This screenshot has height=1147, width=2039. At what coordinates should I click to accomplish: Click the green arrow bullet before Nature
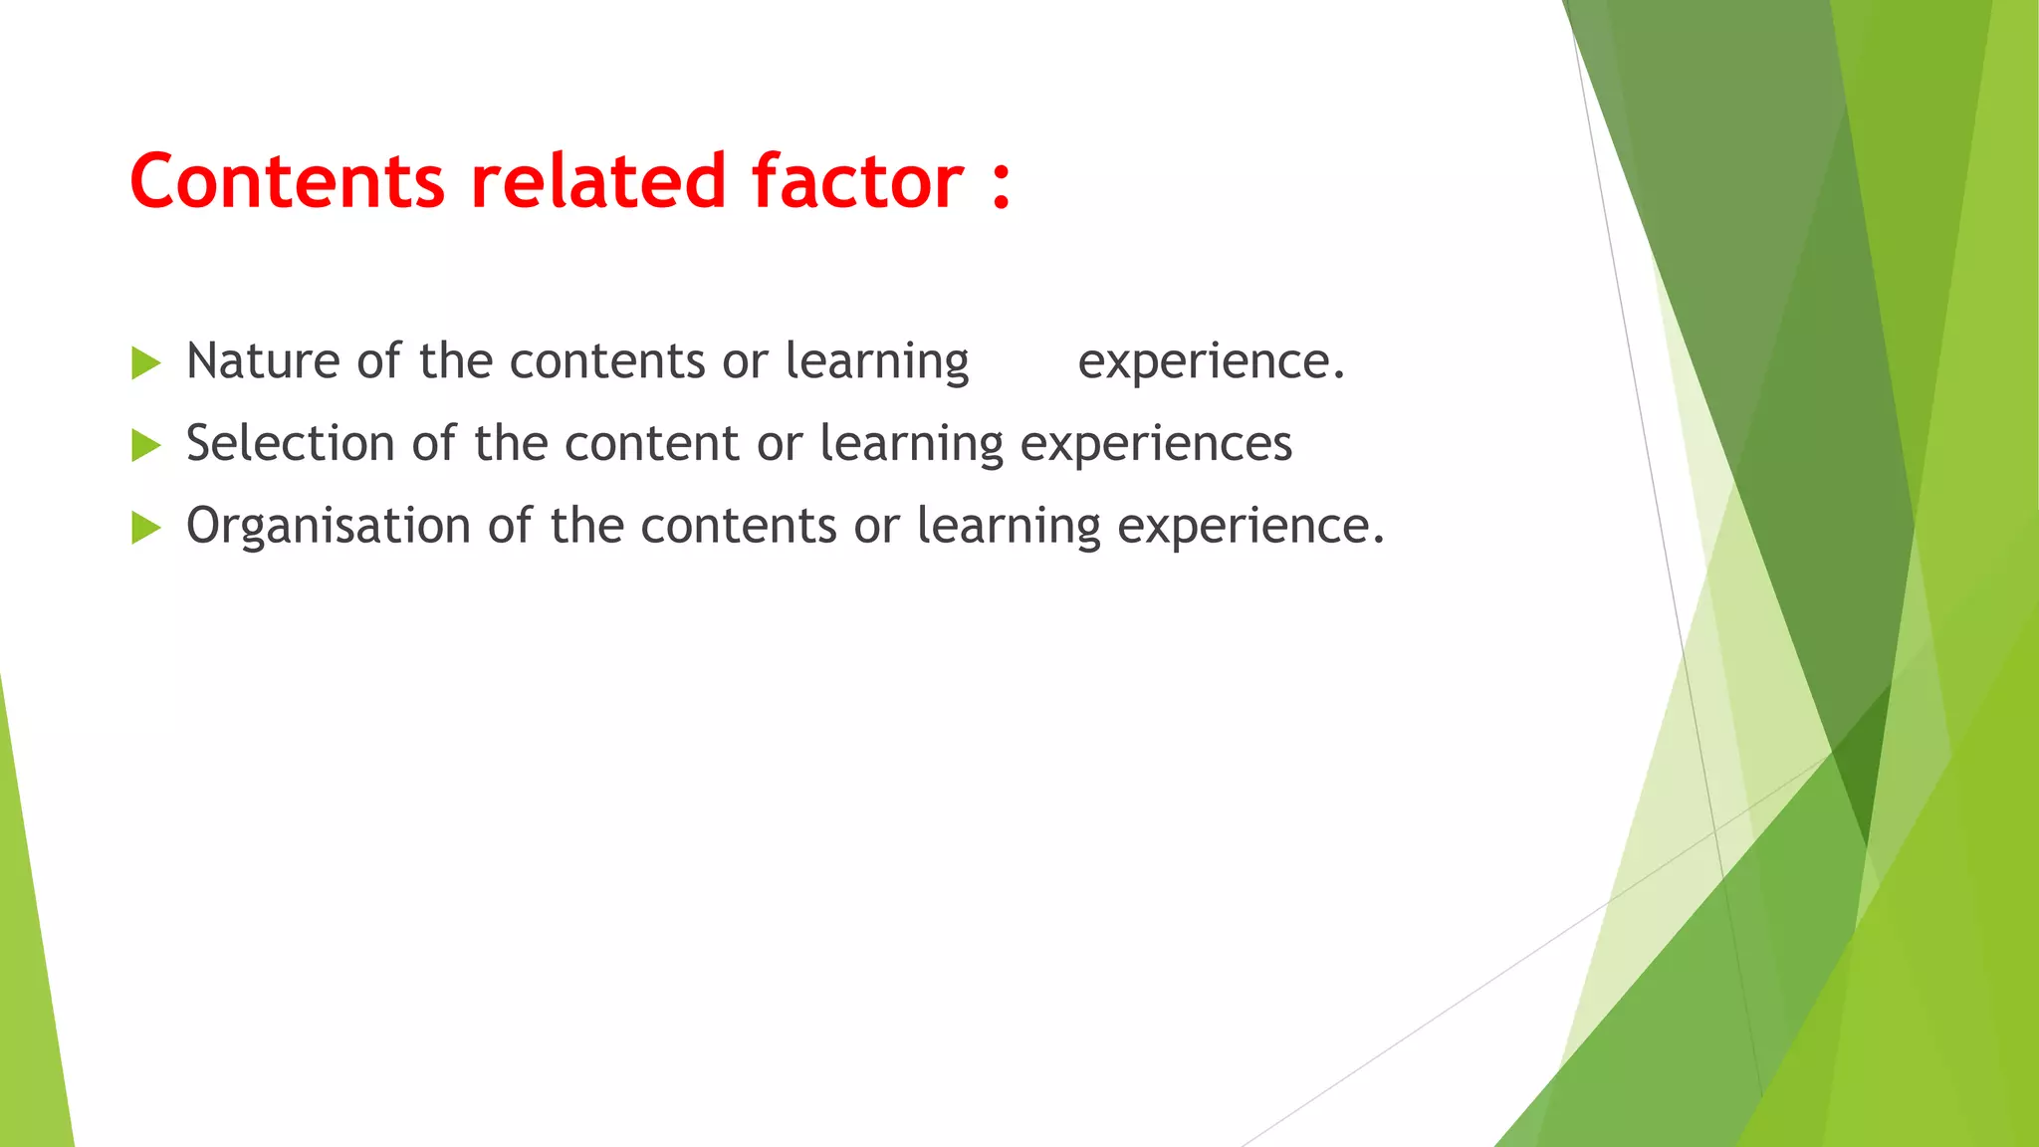(x=145, y=363)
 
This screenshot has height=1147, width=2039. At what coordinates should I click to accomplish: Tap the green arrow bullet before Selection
(x=145, y=445)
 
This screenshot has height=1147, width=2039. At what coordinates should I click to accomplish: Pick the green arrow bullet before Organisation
(x=145, y=528)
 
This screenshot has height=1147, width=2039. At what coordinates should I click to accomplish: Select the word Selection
(x=291, y=443)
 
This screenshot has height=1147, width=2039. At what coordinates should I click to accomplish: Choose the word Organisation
(x=329, y=526)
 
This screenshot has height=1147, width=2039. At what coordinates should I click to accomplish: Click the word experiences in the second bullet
(x=1156, y=445)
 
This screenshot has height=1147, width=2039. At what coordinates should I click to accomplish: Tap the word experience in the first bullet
(x=1211, y=362)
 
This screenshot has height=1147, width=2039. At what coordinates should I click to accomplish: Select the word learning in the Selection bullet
(x=911, y=445)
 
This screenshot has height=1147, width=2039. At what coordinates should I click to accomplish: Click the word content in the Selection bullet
(x=652, y=443)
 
